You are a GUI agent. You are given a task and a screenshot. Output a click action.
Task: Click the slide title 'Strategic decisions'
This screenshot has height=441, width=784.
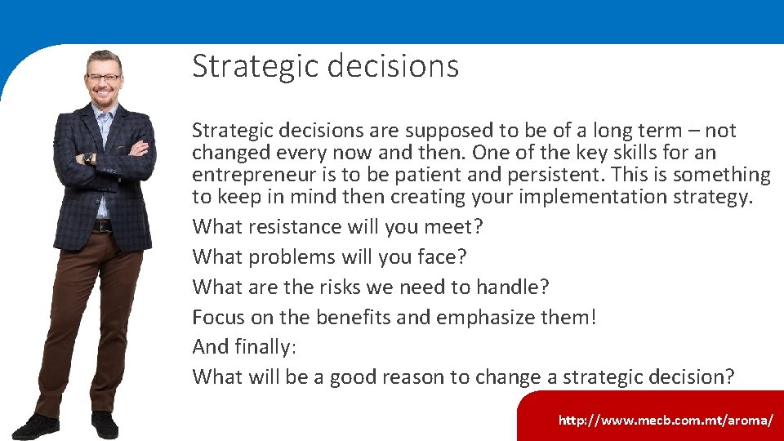click(x=325, y=66)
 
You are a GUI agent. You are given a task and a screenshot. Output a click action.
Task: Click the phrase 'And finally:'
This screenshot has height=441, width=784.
click(x=244, y=347)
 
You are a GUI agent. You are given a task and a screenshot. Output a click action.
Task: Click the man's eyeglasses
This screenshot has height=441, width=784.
click(x=104, y=78)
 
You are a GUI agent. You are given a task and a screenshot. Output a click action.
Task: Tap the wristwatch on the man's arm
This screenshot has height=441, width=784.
click(x=88, y=158)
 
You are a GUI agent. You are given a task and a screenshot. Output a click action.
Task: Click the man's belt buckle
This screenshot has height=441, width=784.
click(x=101, y=225)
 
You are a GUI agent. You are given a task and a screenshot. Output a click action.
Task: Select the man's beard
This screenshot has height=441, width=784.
click(x=104, y=96)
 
